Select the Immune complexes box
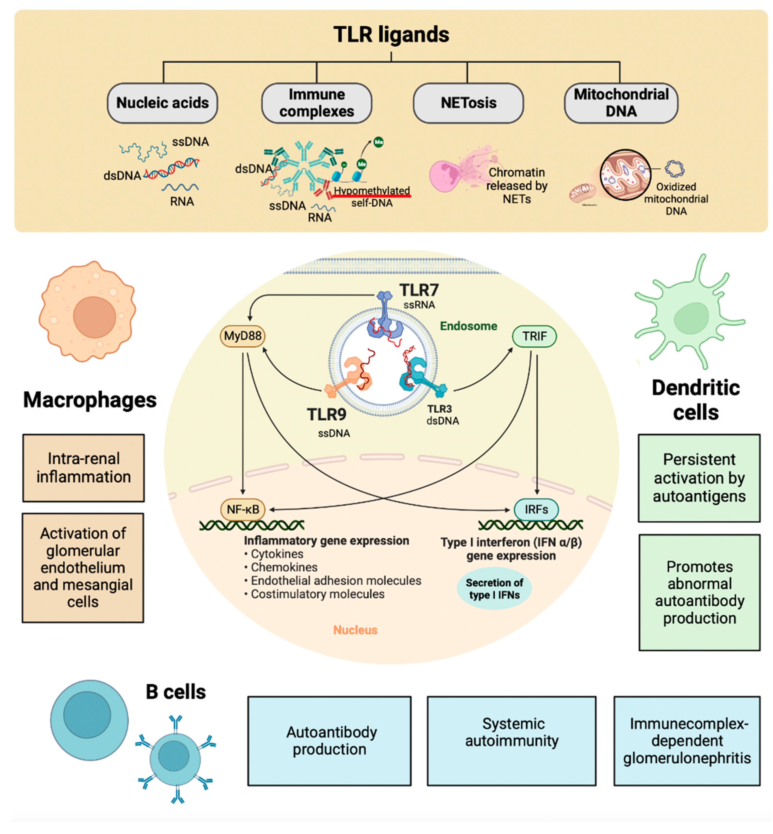[317, 103]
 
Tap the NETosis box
[468, 103]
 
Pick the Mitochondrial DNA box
[621, 103]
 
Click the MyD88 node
[243, 336]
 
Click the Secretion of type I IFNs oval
[494, 588]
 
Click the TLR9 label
[327, 414]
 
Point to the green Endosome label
[468, 326]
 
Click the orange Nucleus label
[355, 630]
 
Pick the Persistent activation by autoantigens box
[699, 478]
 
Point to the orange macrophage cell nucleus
[95, 317]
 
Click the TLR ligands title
[391, 34]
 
